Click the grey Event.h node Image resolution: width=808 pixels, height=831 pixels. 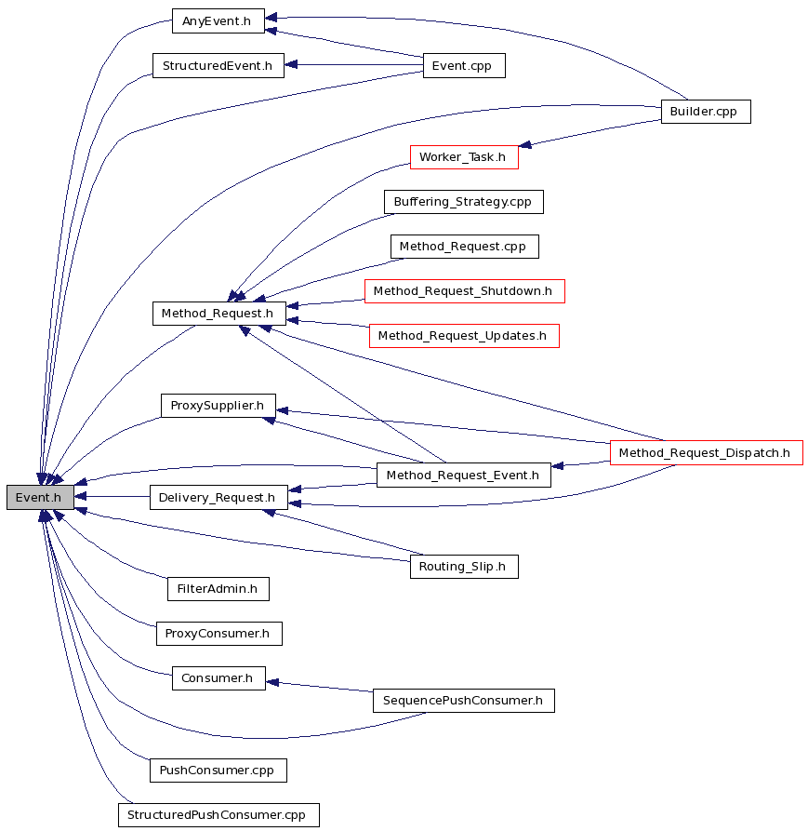click(40, 497)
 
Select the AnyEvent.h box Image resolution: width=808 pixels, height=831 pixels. click(219, 20)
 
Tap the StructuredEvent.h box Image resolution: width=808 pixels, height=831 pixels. click(219, 65)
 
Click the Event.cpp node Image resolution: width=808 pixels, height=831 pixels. click(464, 65)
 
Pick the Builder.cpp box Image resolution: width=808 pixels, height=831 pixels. click(706, 112)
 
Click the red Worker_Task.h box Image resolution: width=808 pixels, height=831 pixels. click(464, 157)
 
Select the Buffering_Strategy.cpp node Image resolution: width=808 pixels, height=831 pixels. click(464, 202)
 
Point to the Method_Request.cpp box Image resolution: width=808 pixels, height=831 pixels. click(464, 247)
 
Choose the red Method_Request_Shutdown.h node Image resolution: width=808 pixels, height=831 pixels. click(464, 291)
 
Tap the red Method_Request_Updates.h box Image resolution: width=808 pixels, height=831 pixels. click(464, 336)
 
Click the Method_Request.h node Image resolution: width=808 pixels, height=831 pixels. click(219, 314)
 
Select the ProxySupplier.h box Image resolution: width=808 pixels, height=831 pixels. click(219, 406)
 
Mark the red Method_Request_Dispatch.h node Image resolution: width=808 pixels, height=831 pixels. click(707, 452)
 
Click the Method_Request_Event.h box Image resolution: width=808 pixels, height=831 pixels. click(463, 475)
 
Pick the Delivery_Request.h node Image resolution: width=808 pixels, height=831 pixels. click(219, 497)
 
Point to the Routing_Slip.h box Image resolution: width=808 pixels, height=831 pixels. click(464, 567)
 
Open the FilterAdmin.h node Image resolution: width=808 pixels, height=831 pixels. click(219, 589)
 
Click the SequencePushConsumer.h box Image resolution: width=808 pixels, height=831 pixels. click(464, 701)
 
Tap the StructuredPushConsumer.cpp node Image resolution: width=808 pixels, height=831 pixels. click(219, 814)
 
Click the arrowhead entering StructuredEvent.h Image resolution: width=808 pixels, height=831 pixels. click(291, 64)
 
